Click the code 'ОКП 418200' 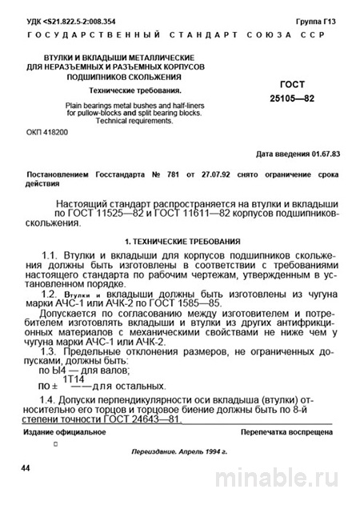coord(47,130)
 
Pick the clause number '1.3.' coord(54,351)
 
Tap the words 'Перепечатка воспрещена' coord(284,432)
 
